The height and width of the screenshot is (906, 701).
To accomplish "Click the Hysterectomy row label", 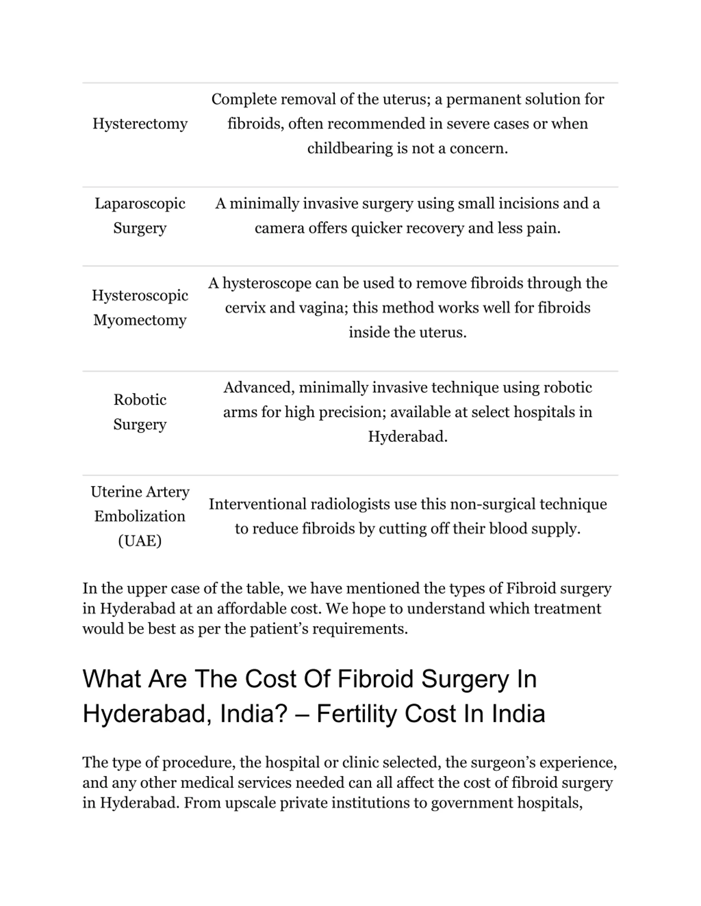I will click(x=140, y=124).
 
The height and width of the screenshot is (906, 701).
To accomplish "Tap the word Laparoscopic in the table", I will click(x=140, y=204).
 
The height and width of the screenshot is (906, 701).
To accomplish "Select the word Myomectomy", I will click(x=140, y=320).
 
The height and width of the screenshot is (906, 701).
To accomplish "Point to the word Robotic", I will click(x=140, y=400).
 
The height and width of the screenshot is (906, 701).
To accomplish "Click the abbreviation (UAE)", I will click(x=140, y=541).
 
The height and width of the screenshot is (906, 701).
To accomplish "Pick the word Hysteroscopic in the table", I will click(x=140, y=295).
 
